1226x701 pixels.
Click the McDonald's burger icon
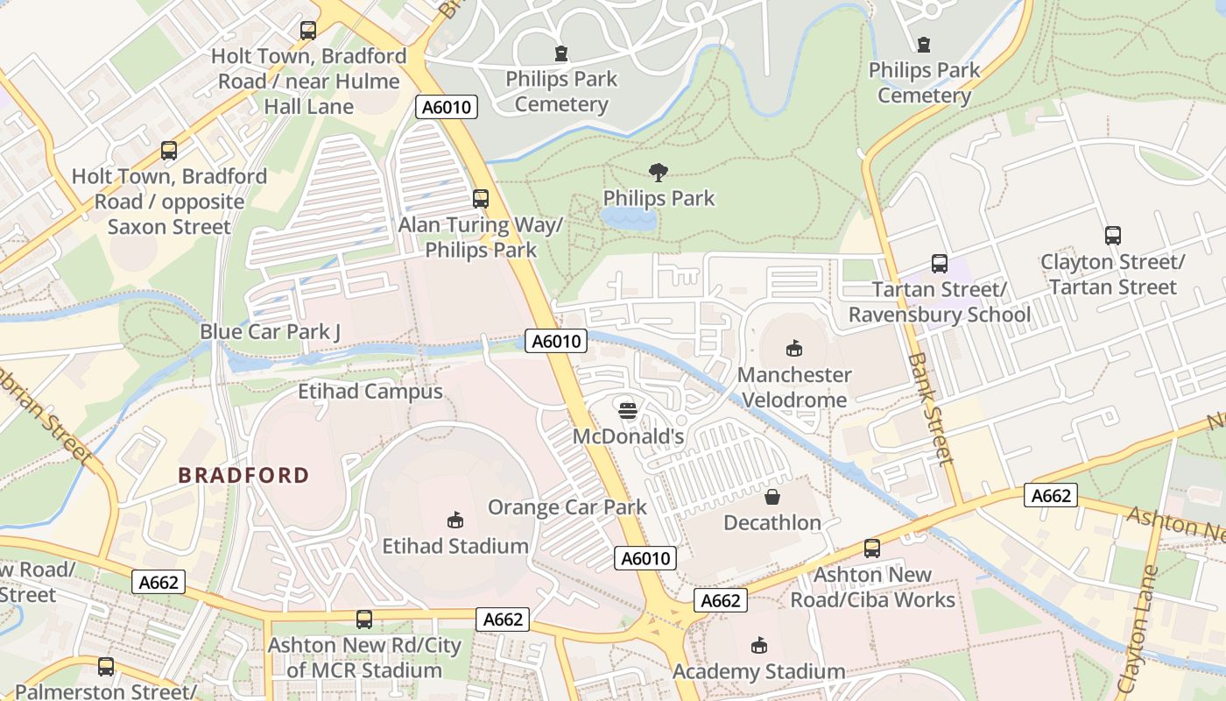pyautogui.click(x=627, y=410)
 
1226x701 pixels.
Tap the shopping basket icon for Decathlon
pyautogui.click(x=772, y=497)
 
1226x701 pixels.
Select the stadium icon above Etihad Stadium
pyautogui.click(x=454, y=520)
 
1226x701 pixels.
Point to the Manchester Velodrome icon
pyautogui.click(x=794, y=349)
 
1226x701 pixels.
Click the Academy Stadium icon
pyautogui.click(x=758, y=646)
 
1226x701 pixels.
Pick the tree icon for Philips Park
pyautogui.click(x=659, y=173)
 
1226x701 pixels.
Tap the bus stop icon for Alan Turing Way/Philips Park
pyautogui.click(x=480, y=199)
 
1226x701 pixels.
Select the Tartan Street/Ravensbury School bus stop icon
pyautogui.click(x=939, y=263)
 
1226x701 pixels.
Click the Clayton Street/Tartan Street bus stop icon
pyautogui.click(x=1112, y=236)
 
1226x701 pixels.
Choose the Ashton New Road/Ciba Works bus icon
pyautogui.click(x=872, y=549)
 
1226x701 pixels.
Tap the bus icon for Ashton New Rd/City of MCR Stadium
pyautogui.click(x=364, y=620)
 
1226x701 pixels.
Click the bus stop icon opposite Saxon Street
pyautogui.click(x=169, y=151)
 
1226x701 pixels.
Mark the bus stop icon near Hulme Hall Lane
pyautogui.click(x=308, y=31)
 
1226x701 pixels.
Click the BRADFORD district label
pyautogui.click(x=243, y=476)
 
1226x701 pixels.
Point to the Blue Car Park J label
pyautogui.click(x=270, y=331)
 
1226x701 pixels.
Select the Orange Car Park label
pyautogui.click(x=567, y=507)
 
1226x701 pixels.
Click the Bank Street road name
pyautogui.click(x=930, y=408)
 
